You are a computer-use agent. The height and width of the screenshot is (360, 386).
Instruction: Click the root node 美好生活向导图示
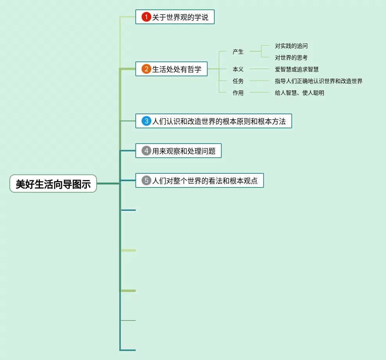[x=53, y=184]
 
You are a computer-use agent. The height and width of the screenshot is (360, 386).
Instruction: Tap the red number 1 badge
[x=146, y=17]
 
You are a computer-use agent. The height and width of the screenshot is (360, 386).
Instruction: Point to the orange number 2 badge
[x=146, y=69]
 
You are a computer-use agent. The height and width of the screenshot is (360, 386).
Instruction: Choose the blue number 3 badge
[x=146, y=121]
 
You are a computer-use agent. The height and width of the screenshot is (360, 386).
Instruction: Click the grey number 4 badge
[x=146, y=151]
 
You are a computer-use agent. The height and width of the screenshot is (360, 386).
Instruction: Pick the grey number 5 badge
[x=146, y=180]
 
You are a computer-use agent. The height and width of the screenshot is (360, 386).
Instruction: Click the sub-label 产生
[x=238, y=51]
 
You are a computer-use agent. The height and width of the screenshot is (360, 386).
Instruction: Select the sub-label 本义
[x=238, y=69]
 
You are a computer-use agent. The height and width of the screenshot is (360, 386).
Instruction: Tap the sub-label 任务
[x=238, y=81]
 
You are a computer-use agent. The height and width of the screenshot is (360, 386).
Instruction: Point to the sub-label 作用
[x=238, y=93]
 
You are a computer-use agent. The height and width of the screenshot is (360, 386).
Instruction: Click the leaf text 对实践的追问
[x=291, y=46]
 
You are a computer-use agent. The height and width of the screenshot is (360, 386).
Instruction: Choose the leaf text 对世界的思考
[x=291, y=58]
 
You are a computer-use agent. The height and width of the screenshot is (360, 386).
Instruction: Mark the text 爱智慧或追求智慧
[x=296, y=69]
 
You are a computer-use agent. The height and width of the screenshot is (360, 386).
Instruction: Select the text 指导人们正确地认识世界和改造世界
[x=318, y=81]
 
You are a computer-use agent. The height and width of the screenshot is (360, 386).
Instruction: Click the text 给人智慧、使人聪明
[x=299, y=93]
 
